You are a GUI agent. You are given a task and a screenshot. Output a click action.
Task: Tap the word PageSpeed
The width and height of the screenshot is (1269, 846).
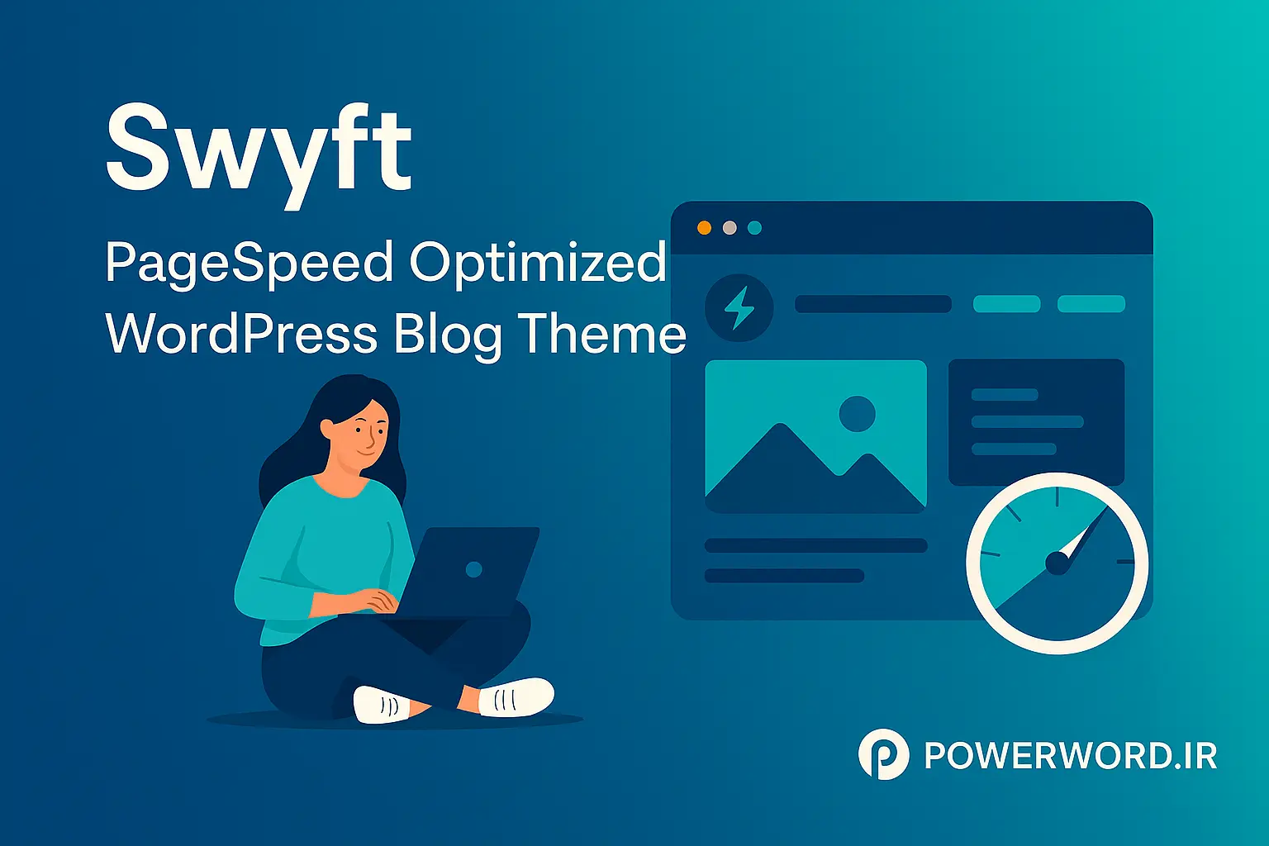[250, 263]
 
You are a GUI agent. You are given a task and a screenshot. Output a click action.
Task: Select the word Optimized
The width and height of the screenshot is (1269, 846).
[538, 263]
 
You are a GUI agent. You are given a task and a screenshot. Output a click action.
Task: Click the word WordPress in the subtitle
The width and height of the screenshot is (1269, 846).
[241, 335]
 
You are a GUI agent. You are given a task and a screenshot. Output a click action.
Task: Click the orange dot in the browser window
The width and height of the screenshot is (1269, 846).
[704, 228]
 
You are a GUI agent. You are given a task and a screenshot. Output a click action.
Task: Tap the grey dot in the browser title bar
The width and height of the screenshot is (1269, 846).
[730, 228]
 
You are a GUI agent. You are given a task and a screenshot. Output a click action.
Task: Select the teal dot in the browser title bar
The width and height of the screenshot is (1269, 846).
[754, 228]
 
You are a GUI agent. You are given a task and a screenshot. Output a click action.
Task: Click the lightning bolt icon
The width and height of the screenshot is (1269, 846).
[739, 308]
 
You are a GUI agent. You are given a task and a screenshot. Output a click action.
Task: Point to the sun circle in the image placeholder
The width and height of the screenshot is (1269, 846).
[857, 413]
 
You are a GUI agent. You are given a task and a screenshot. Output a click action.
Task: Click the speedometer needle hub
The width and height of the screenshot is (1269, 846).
[1057, 563]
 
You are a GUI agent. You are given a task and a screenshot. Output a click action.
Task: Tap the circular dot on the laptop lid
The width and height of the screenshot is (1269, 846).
[473, 569]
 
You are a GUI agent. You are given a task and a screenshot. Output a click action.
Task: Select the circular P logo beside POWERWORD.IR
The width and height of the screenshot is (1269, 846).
[883, 753]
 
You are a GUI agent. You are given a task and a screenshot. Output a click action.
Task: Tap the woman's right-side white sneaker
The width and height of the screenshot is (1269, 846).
[517, 697]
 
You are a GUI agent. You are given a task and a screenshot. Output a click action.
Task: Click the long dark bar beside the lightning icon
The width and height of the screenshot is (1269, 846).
[872, 304]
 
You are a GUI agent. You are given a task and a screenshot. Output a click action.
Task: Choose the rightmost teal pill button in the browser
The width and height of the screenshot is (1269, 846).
[1091, 304]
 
